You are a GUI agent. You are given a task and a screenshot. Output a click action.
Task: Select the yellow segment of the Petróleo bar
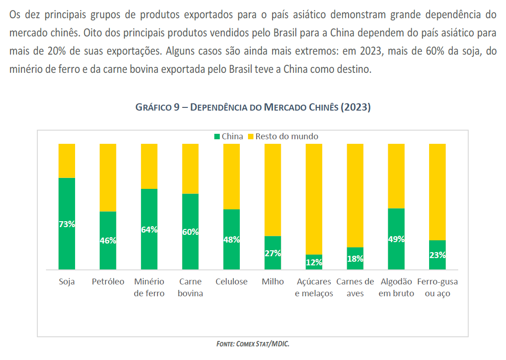point(108,177)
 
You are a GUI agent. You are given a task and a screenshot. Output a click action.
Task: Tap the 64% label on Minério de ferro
point(149,230)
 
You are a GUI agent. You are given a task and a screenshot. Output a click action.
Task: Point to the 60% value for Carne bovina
point(190,232)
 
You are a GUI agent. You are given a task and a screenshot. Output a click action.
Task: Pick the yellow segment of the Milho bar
point(273,190)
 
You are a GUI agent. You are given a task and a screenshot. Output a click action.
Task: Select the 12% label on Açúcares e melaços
point(314,262)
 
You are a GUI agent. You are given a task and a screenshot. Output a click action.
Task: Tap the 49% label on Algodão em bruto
point(396,239)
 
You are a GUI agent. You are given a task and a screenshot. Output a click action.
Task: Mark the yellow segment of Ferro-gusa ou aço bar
point(437,192)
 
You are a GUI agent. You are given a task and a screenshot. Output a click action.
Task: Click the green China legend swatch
point(217,137)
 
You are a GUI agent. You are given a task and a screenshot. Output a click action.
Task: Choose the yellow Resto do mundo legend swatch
point(251,137)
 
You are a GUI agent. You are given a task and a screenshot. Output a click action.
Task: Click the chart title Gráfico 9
point(253,107)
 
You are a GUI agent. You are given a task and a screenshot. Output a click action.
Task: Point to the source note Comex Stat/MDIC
point(253,344)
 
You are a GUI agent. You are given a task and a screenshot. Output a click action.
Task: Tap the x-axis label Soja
point(67,282)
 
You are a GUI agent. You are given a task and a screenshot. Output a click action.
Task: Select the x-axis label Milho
point(273,282)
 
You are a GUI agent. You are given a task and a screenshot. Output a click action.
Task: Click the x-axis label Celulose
point(231,282)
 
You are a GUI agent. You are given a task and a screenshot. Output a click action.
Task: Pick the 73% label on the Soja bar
point(67,224)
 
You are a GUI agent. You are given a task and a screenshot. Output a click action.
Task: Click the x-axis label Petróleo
point(108,282)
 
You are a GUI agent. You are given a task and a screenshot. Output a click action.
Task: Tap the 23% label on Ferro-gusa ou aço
point(437,255)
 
